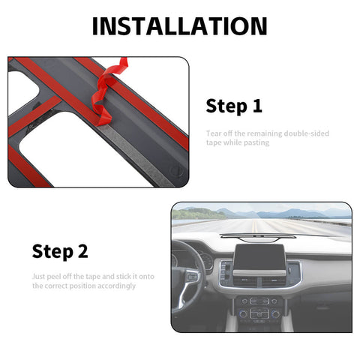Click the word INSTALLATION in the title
[x=179, y=26]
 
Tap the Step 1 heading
[x=234, y=106]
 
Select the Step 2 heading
[x=64, y=251]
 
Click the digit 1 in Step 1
[x=257, y=106]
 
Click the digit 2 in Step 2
[x=91, y=251]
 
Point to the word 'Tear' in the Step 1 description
[x=213, y=133]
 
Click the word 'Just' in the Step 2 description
[x=39, y=277]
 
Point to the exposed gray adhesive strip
[x=127, y=142]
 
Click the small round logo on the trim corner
[x=175, y=170]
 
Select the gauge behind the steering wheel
[x=205, y=262]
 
